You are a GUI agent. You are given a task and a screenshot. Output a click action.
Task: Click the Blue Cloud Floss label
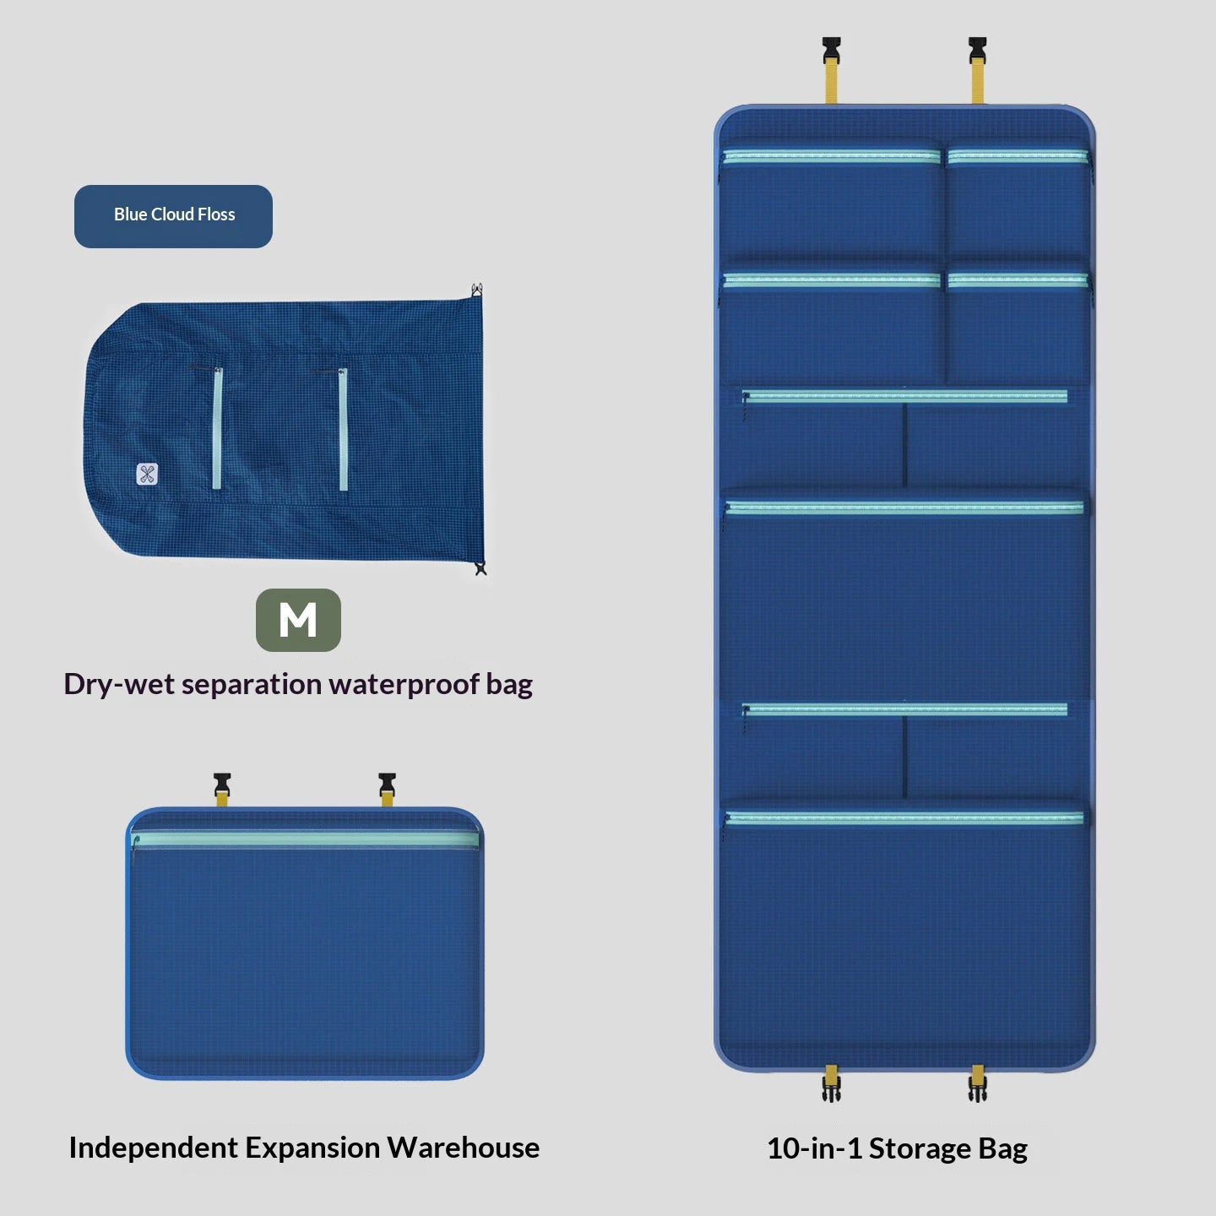174,216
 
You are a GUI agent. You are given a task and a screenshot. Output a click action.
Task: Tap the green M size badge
298,620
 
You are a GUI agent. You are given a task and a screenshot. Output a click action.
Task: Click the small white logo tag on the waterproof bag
147,474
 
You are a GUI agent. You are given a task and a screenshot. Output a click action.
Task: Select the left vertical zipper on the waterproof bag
217,428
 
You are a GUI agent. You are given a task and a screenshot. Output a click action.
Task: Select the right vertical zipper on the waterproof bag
344,429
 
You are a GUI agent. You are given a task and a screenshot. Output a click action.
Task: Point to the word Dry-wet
119,685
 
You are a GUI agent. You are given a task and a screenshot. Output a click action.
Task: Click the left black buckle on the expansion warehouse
222,784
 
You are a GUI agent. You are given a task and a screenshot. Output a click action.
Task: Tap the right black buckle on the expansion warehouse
387,784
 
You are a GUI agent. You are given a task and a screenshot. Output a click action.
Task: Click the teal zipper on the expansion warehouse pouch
305,839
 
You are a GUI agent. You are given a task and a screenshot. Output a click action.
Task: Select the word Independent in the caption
154,1148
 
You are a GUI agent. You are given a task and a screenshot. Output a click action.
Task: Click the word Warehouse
464,1148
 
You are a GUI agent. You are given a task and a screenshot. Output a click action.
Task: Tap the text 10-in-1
814,1148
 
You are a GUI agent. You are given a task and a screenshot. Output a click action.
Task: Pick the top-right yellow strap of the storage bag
978,83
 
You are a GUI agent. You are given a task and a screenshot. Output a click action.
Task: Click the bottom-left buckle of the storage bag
831,1088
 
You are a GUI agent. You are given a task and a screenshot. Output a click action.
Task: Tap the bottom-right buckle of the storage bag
978,1088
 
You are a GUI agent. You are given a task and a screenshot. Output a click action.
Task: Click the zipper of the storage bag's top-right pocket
1018,157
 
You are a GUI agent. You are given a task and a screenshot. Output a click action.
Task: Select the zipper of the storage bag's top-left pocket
832,157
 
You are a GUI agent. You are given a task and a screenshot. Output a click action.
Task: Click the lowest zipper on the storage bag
904,818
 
